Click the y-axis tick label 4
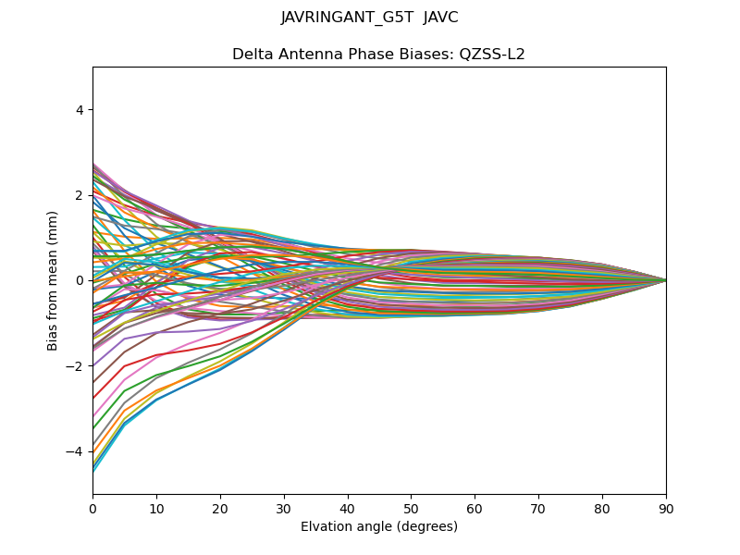pos(80,110)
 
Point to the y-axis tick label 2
pos(80,195)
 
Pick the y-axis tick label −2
pos(76,366)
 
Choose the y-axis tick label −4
pos(76,451)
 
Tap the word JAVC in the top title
pos(440,18)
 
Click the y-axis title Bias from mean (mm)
pos(53,280)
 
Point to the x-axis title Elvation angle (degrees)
pos(379,526)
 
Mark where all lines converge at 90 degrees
pos(666,280)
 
